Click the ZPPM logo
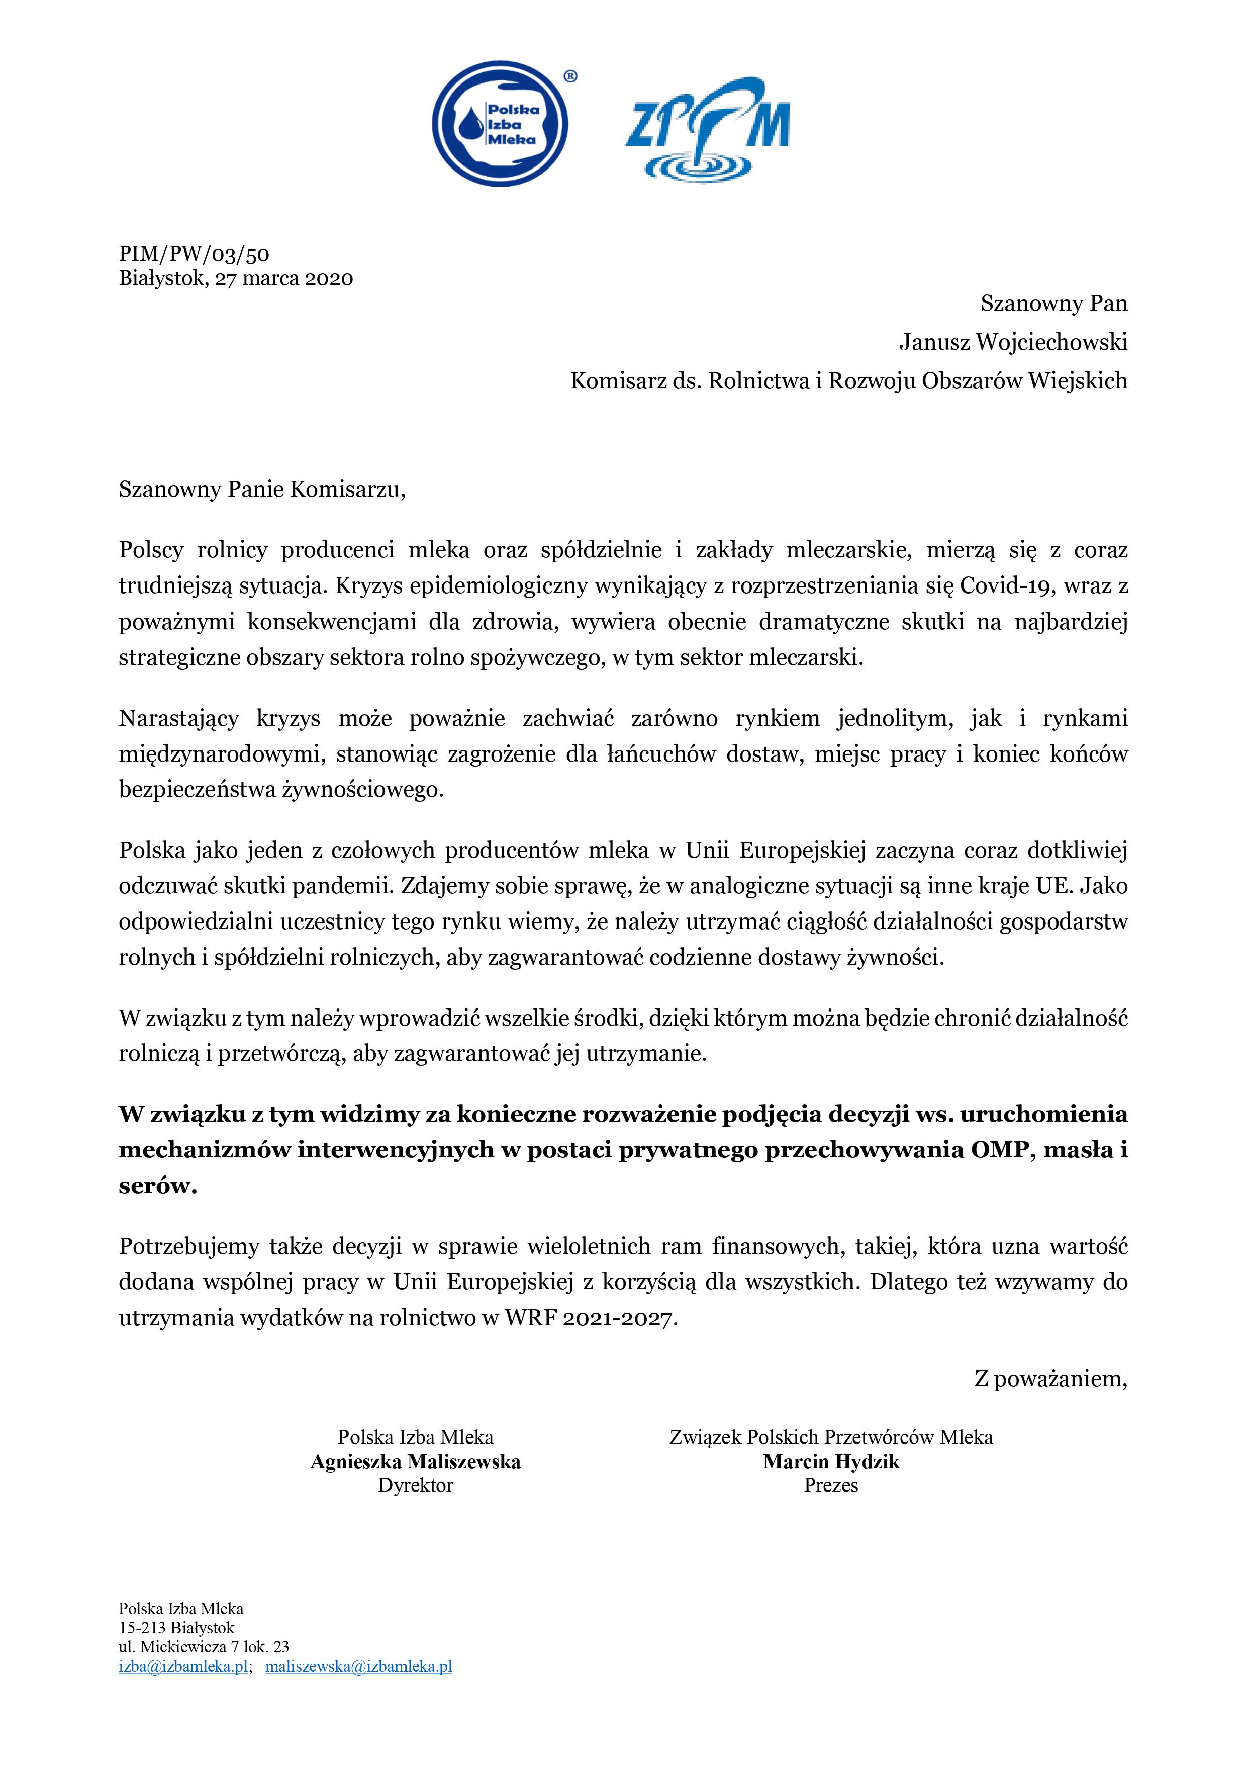click(x=708, y=127)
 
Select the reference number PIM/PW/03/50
click(x=194, y=255)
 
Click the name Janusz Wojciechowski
click(x=1013, y=342)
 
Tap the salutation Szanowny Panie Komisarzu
click(x=261, y=490)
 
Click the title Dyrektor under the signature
click(x=416, y=1485)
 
